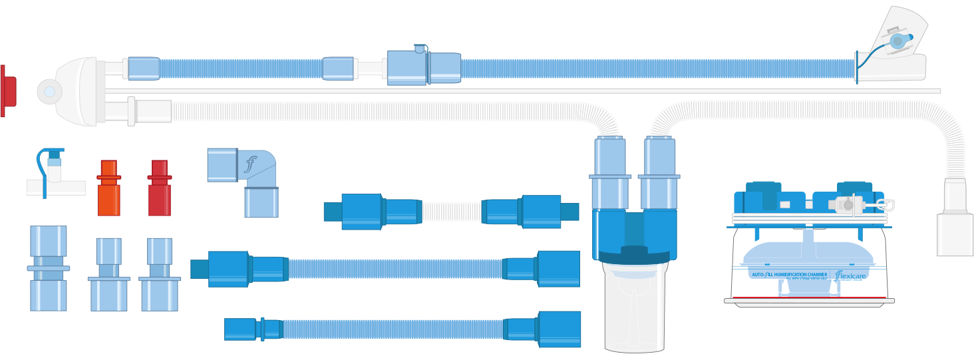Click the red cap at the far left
point(7,91)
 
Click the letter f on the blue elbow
point(251,164)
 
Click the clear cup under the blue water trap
point(634,313)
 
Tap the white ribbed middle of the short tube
point(451,212)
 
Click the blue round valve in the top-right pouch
point(897,41)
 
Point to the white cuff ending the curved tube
point(955,234)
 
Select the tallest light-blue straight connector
point(49,268)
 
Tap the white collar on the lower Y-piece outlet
point(131,110)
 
